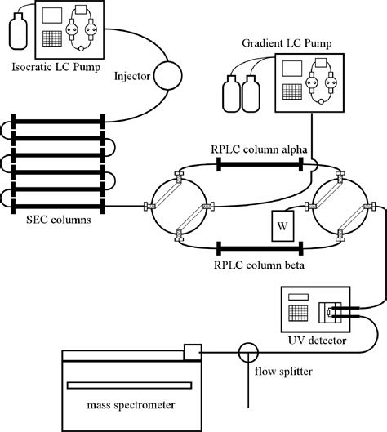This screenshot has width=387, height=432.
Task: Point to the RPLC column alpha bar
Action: pyautogui.click(x=260, y=163)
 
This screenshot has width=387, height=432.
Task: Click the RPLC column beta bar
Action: pyautogui.click(x=260, y=246)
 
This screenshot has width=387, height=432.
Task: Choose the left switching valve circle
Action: pyautogui.click(x=178, y=206)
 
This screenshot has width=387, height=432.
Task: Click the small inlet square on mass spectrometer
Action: pyautogui.click(x=192, y=351)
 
